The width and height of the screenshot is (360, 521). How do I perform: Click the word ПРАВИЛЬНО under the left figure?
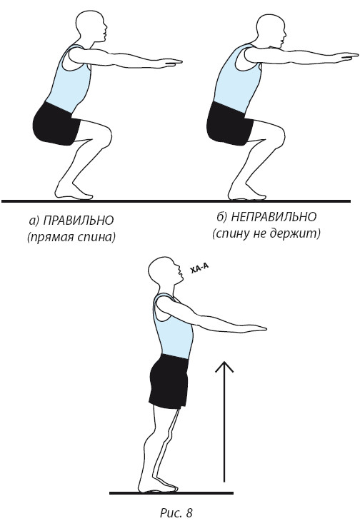pos(79,221)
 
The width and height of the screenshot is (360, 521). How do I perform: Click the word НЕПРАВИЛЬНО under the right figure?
pos(274,217)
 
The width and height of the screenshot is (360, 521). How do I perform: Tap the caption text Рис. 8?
pos(176,512)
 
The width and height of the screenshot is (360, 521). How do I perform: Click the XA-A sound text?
pos(199,268)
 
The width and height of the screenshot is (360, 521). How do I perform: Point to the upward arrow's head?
pos(224,367)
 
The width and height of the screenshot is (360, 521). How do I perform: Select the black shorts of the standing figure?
pos(169,381)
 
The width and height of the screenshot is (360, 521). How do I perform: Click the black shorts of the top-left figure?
pos(56,123)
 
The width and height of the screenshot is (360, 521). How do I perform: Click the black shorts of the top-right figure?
pos(229,123)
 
